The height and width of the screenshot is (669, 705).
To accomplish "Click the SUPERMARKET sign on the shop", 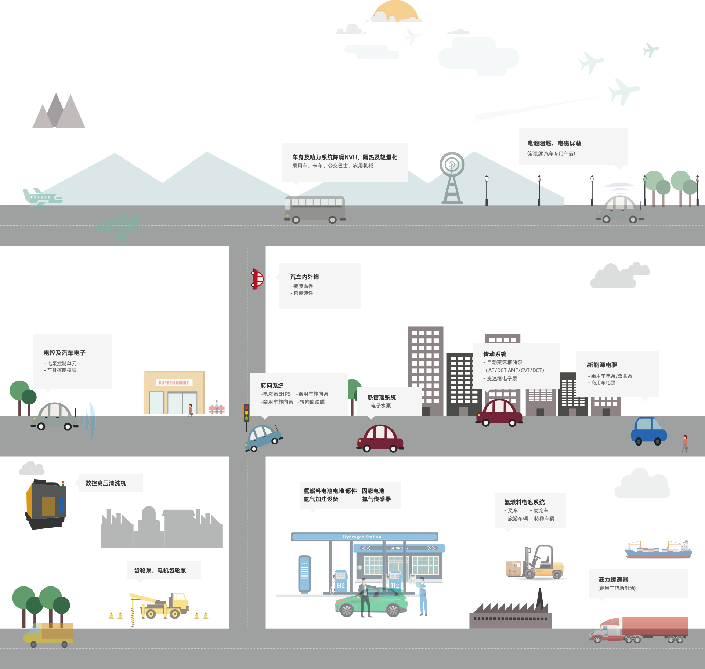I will pos(174,383).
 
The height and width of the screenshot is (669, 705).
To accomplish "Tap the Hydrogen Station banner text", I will pos(362,537).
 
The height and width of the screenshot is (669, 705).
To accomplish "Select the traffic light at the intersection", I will pos(246,413).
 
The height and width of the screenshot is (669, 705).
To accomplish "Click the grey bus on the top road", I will pos(315,209).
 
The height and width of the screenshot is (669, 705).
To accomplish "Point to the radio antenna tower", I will pos(452,178).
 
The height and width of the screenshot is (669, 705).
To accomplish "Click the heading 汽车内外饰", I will pos(304,277).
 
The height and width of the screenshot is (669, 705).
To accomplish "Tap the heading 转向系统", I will pos(272,385).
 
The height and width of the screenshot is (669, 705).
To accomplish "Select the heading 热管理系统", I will pos(382,397).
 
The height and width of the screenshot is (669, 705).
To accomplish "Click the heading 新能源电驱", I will pos(602,365).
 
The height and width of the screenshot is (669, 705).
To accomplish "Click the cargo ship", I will pos(658,549).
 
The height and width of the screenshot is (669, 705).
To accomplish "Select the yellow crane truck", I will pos(162,606).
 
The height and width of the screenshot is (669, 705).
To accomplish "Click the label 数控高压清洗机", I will pos(106,483).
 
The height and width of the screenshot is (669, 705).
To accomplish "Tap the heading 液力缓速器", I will pos(613,579).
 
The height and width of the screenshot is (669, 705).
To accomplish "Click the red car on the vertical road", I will pos(257,279).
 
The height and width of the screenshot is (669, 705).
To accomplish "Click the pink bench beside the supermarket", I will pos(217,409).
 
